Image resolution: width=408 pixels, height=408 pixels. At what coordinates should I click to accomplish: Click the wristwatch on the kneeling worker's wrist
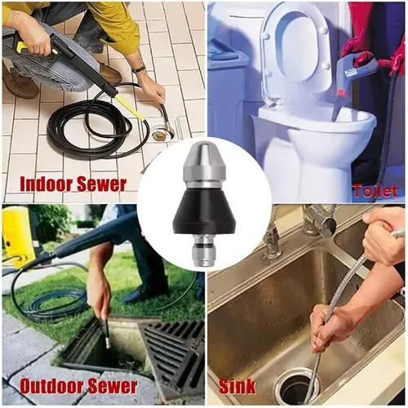click(139, 69)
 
